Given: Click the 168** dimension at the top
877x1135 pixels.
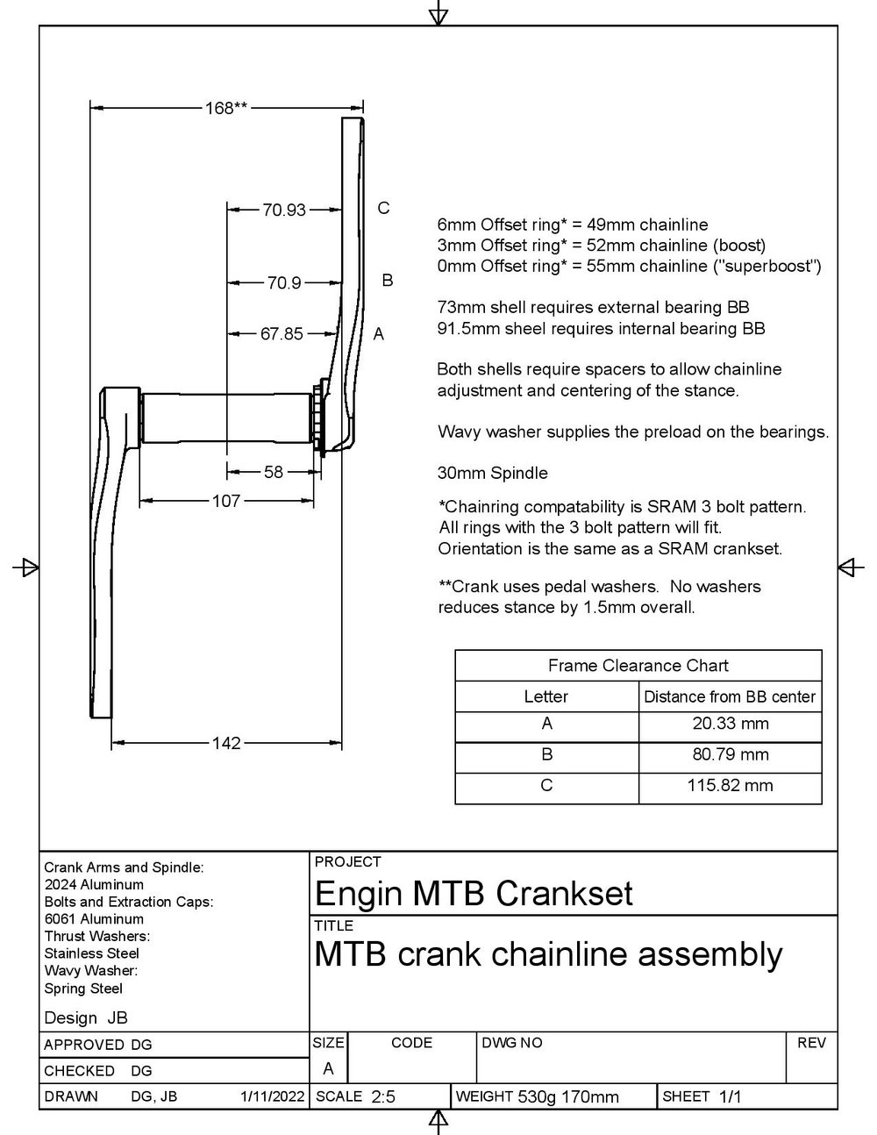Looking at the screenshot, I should (225, 108).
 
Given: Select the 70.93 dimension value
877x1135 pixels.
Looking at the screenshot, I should (284, 210).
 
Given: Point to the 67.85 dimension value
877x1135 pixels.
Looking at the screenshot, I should (282, 334).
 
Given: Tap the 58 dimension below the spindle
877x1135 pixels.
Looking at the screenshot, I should (274, 472).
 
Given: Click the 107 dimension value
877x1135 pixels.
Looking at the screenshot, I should (226, 501).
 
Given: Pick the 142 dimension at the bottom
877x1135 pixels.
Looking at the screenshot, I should (226, 743).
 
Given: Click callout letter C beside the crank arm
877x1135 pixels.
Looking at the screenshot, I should (383, 208).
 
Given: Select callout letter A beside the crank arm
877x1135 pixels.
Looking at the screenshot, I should (379, 334).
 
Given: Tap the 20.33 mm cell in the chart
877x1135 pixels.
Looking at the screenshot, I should (730, 724).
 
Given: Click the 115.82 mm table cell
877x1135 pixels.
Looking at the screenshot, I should (730, 785).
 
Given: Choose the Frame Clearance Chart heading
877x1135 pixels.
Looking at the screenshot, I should (638, 666).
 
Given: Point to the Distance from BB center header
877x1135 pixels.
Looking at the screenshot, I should (730, 697).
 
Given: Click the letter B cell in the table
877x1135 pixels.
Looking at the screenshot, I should (546, 754).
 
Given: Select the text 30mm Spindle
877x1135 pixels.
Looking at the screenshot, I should (492, 474).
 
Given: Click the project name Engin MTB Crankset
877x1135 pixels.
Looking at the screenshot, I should (473, 894).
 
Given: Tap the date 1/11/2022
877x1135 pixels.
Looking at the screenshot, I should (272, 1096).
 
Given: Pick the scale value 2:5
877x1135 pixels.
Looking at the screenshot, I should (383, 1096).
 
